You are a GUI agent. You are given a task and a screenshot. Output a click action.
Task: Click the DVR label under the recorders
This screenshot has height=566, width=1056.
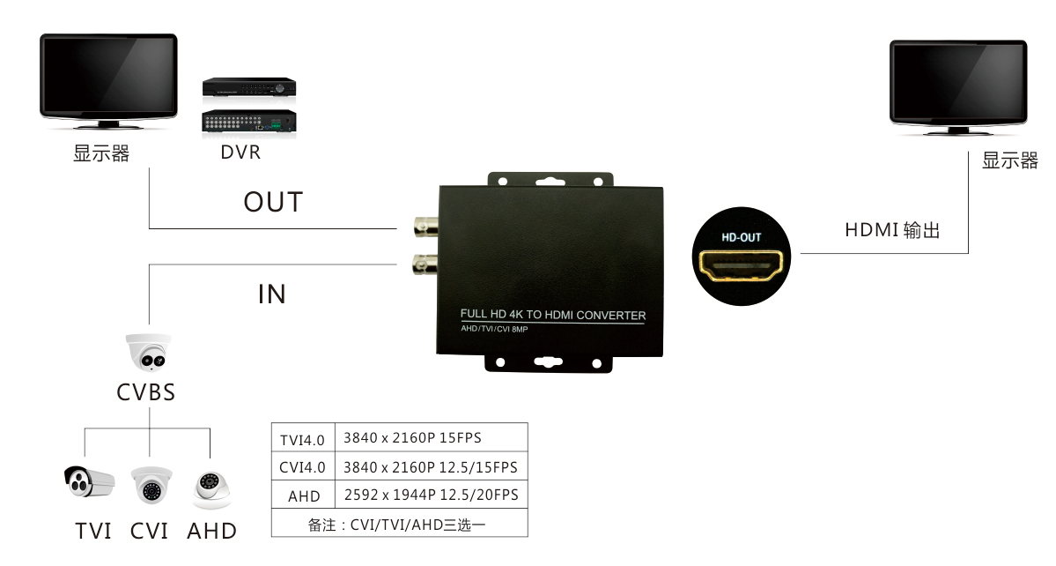point(240,153)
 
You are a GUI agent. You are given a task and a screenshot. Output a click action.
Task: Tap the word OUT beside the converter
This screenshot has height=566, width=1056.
point(273,202)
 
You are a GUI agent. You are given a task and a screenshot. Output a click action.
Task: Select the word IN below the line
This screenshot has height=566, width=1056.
point(272,294)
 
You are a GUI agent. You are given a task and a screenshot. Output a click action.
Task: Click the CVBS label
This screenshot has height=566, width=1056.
point(146,392)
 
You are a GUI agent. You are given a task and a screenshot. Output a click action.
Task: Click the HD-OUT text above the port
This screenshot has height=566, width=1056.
point(741,237)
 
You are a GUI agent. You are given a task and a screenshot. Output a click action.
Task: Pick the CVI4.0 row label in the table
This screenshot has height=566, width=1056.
point(303,467)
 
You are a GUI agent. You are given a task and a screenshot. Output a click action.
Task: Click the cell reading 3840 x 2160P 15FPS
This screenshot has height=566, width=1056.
point(412,438)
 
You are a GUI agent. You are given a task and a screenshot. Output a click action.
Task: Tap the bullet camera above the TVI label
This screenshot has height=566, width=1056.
point(89,482)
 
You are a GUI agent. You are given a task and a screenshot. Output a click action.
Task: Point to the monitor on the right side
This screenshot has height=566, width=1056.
point(957,86)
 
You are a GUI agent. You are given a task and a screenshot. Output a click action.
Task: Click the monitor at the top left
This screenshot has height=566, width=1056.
point(108,80)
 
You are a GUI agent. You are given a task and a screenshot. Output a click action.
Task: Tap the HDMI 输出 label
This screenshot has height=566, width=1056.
point(892,231)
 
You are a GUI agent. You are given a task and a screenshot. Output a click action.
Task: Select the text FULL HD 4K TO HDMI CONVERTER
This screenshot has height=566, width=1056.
point(553,315)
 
